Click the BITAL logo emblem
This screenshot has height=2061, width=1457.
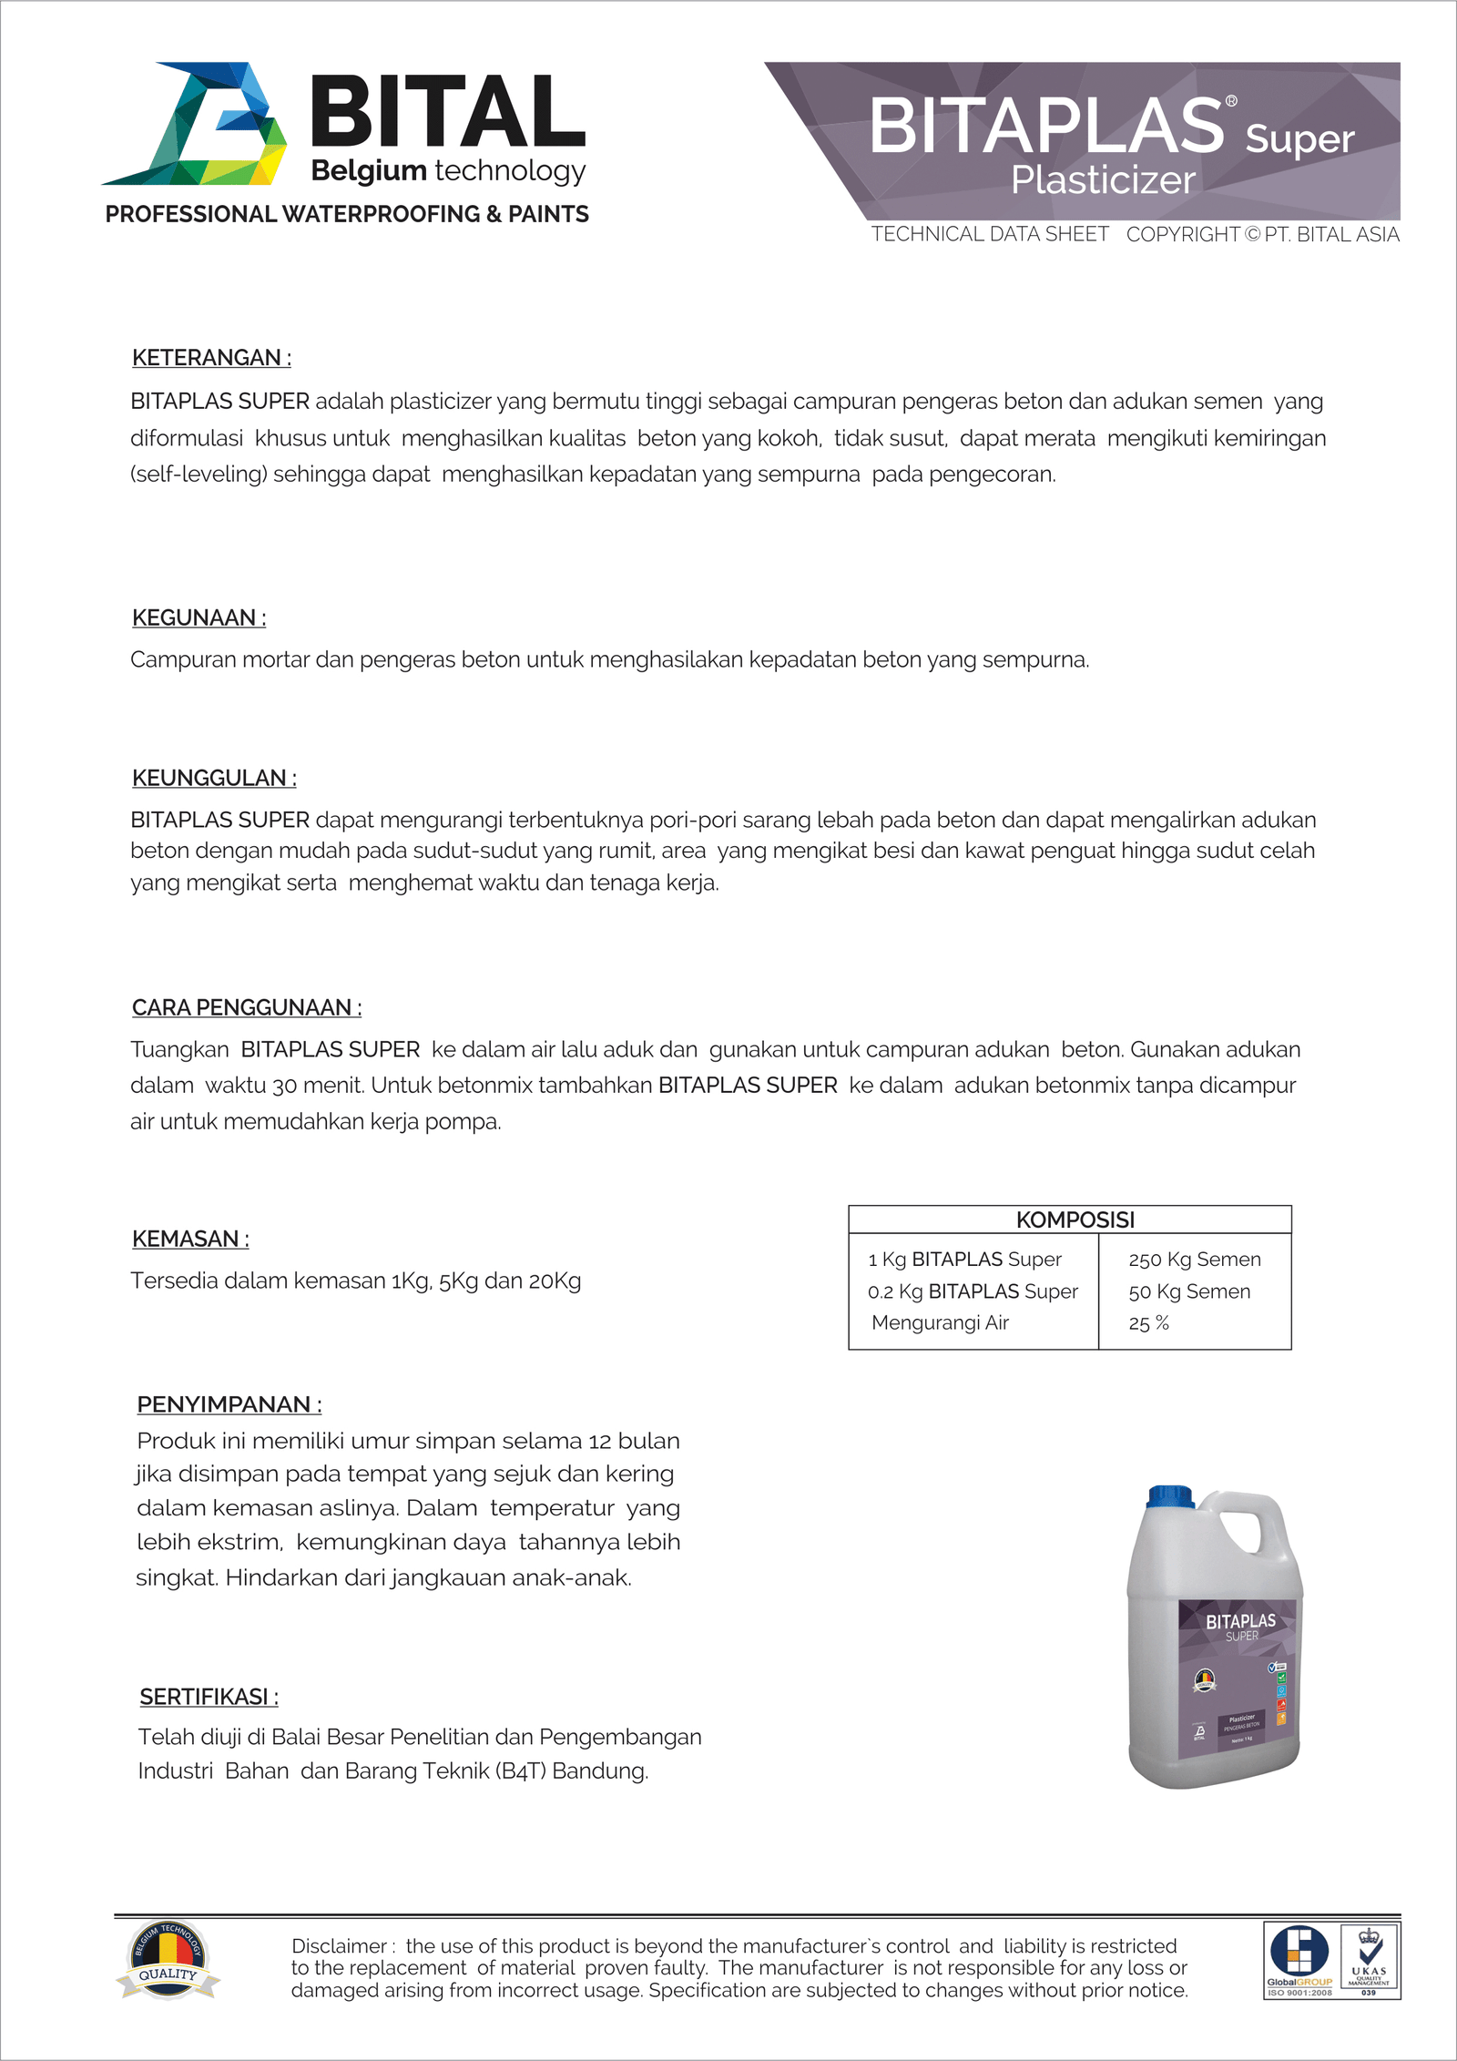tap(196, 124)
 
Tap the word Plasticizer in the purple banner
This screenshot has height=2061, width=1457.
tap(1103, 180)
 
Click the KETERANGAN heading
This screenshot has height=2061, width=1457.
tap(211, 358)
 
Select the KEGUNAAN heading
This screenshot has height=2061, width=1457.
tap(199, 617)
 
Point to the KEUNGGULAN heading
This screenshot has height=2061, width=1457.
tap(214, 778)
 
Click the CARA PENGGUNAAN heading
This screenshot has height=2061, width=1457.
tap(247, 1007)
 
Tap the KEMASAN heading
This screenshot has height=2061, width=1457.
tap(190, 1239)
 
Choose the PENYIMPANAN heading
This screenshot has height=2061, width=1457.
tap(229, 1404)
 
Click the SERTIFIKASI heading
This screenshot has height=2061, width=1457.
tap(209, 1697)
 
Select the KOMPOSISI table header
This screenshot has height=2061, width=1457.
tap(1075, 1219)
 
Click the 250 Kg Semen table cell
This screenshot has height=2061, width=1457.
tap(1194, 1260)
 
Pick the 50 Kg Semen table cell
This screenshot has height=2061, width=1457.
tap(1188, 1291)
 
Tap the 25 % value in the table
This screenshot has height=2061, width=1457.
tap(1148, 1323)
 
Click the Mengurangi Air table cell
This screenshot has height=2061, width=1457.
tap(940, 1322)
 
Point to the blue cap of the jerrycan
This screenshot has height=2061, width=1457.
tap(1171, 1497)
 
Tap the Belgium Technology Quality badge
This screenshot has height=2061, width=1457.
tap(168, 1960)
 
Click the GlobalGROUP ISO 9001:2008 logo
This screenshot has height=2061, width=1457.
tap(1299, 1960)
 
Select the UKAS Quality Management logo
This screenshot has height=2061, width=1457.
tap(1369, 1960)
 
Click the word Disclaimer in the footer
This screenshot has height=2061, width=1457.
tap(340, 1946)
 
